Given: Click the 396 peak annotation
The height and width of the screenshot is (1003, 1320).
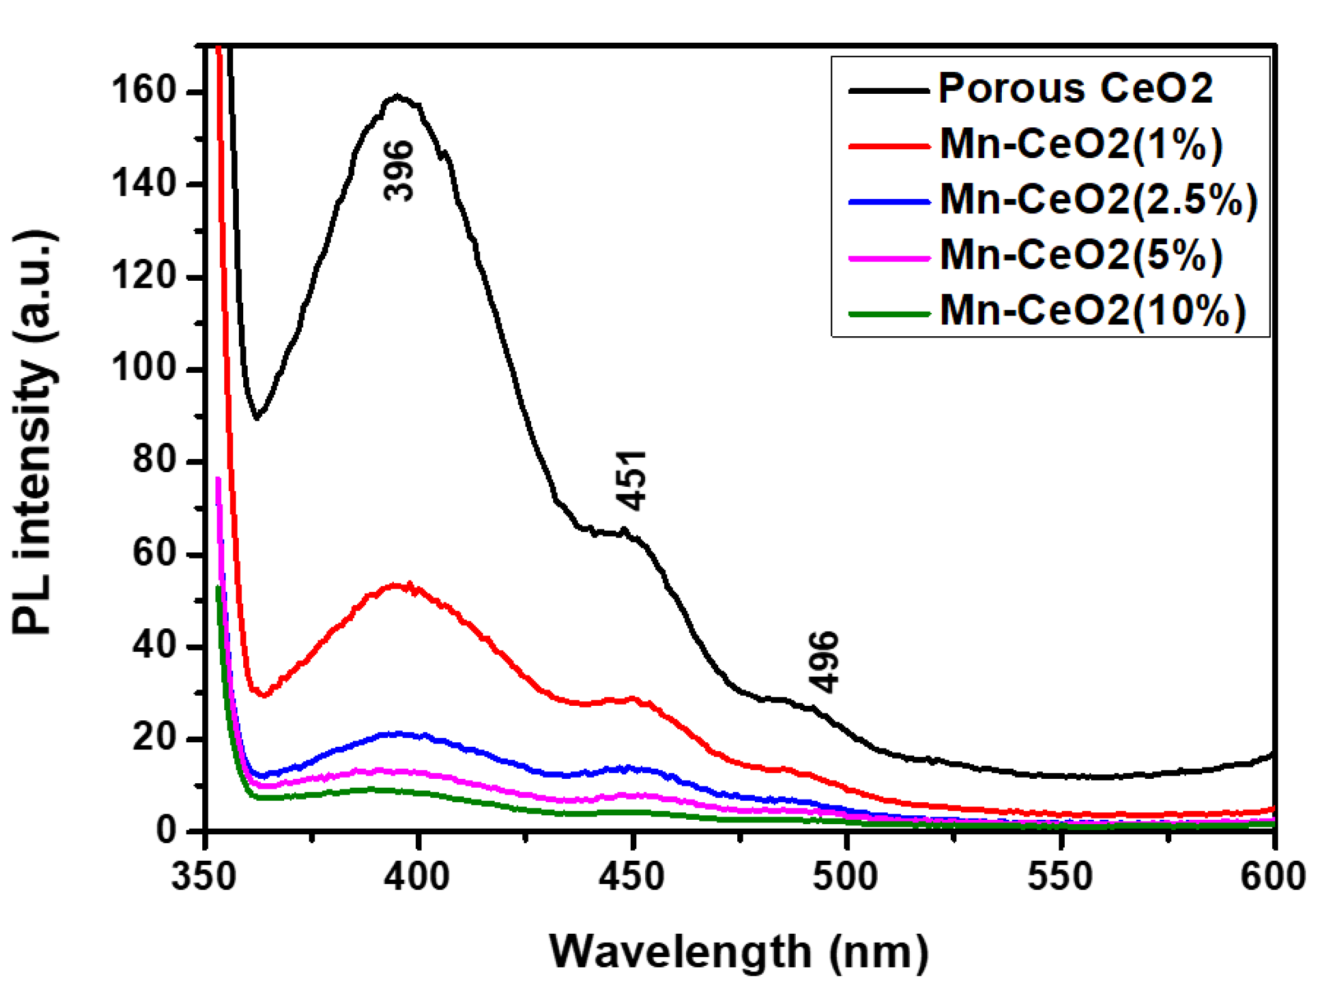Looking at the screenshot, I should click(x=398, y=171).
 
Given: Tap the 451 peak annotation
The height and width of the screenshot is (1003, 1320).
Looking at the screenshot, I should click(x=631, y=480).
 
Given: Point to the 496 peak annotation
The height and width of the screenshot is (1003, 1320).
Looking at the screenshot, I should click(x=824, y=662).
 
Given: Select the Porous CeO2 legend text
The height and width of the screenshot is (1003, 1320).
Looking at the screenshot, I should click(x=1075, y=88).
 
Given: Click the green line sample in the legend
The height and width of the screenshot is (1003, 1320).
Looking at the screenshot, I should click(x=889, y=313).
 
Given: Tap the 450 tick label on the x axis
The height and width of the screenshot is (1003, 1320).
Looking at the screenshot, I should click(x=632, y=876).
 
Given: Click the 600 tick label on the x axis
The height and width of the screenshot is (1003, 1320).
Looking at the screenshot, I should click(x=1273, y=876).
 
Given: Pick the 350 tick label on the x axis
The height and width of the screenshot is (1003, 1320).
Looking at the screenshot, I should click(x=204, y=876).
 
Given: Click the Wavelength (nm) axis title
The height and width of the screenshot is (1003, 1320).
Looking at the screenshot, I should click(x=739, y=951).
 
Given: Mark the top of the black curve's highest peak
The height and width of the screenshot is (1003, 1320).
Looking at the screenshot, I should click(x=397, y=96).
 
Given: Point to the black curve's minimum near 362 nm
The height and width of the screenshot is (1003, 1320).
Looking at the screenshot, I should click(x=256, y=417).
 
